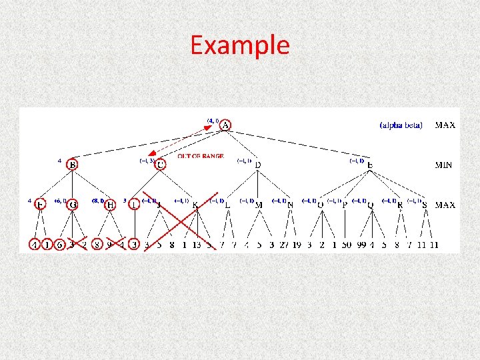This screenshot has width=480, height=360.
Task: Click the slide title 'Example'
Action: [240, 45]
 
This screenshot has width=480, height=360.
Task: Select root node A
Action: [225, 125]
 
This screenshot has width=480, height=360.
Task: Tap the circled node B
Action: [73, 164]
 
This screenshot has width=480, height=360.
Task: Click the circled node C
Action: [160, 164]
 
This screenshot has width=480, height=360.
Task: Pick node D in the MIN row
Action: [258, 165]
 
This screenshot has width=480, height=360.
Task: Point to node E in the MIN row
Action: [371, 165]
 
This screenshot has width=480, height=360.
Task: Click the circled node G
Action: [73, 205]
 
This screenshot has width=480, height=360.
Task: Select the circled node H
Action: [110, 205]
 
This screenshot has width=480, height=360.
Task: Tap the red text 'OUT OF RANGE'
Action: [200, 157]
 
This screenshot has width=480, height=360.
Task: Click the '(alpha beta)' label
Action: [401, 125]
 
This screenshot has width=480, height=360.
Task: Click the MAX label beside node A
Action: [445, 125]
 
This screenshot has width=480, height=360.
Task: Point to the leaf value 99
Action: [360, 245]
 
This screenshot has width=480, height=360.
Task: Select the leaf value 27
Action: [285, 245]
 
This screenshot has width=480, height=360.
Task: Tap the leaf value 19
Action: [297, 245]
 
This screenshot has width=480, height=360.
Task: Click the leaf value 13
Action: [196, 245]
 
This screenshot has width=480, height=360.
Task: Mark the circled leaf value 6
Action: [60, 245]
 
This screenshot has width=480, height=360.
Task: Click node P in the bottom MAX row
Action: [345, 205]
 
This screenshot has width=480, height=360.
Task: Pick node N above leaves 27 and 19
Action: [290, 205]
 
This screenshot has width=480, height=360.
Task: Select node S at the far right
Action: [425, 205]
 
